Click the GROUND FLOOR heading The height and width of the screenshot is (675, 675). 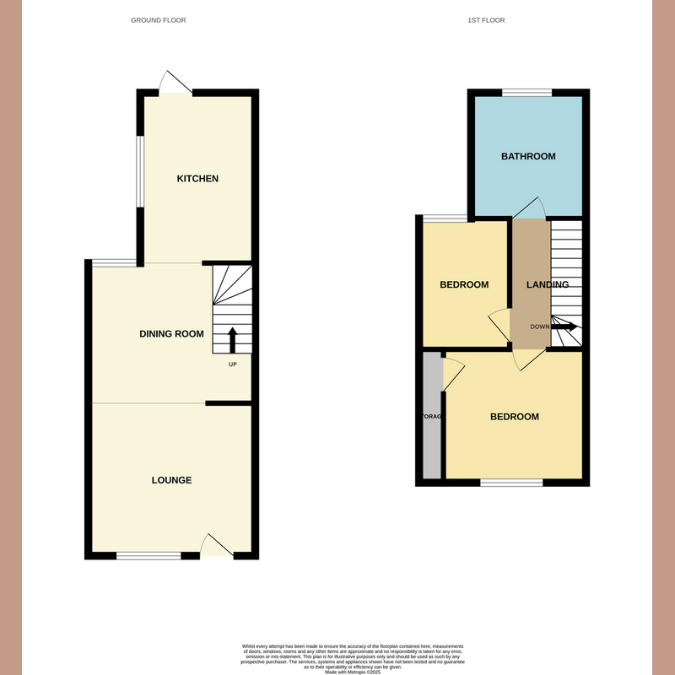(x=159, y=19)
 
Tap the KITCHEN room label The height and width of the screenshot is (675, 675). (x=197, y=179)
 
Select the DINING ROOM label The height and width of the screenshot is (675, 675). (x=171, y=334)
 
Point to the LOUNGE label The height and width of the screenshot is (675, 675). (x=171, y=480)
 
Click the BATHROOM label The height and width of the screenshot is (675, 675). (x=528, y=156)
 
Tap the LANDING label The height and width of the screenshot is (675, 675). (x=548, y=285)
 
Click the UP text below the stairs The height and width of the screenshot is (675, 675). (x=233, y=364)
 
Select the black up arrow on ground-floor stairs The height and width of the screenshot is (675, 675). (x=232, y=340)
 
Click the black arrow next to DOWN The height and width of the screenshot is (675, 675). (x=565, y=327)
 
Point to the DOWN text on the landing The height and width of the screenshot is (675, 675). (x=540, y=327)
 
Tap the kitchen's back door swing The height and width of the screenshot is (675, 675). (x=175, y=82)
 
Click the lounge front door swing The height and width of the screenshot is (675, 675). (x=216, y=545)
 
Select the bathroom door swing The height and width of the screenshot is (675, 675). (x=532, y=208)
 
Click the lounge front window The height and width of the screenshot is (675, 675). (x=148, y=555)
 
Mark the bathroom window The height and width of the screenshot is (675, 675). (x=527, y=92)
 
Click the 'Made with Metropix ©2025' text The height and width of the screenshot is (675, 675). (x=354, y=668)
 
